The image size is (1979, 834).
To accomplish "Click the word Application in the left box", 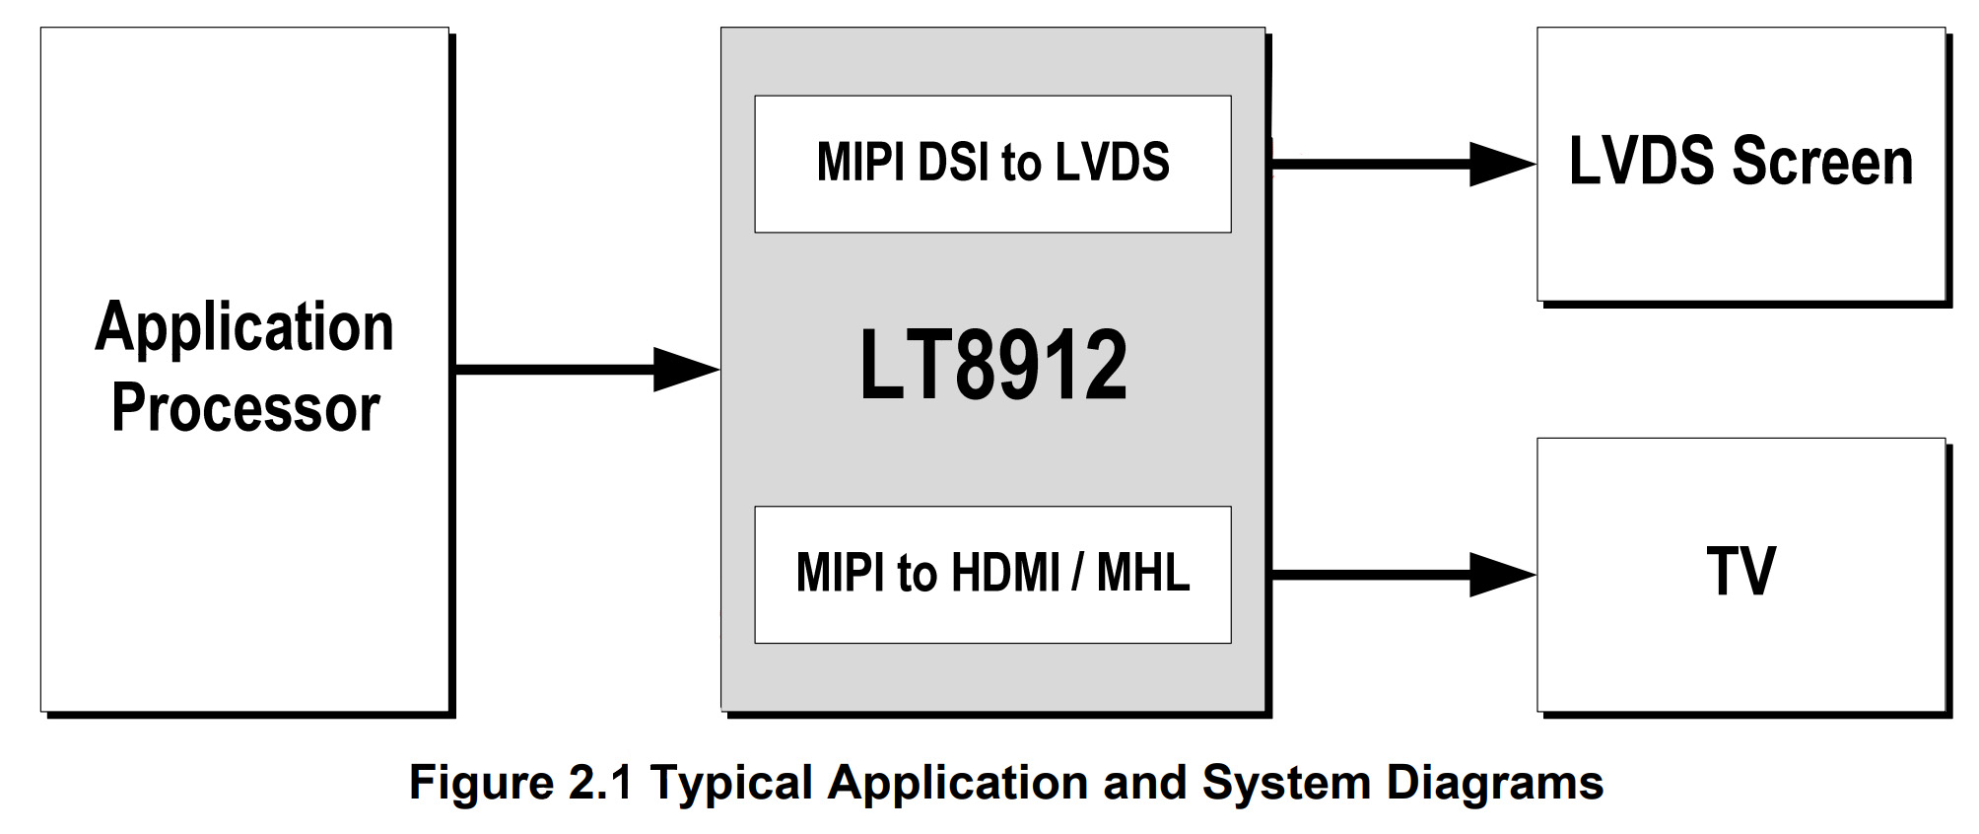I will (244, 328).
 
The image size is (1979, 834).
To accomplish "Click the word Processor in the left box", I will (245, 408).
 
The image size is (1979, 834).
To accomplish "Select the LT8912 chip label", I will (992, 367).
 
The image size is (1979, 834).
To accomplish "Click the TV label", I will (1740, 572).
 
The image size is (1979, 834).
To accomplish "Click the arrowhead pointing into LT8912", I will (684, 370).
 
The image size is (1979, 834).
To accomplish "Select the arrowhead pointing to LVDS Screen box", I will (1500, 165).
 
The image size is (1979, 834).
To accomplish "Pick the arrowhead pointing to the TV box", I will (1500, 575).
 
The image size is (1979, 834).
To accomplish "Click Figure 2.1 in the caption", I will (520, 784).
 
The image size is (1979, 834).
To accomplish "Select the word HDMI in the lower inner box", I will (1005, 573).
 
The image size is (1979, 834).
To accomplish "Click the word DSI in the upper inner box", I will (952, 163).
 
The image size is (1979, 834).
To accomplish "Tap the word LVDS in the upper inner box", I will (1112, 163).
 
